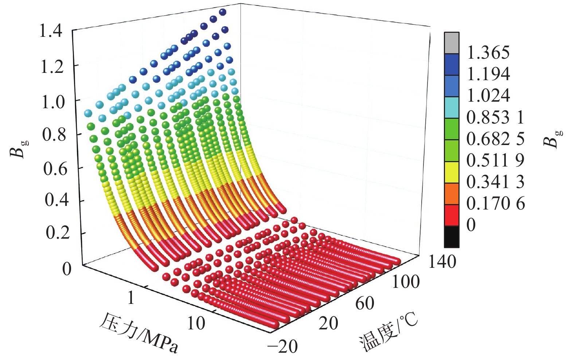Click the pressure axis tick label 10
coord(196,322)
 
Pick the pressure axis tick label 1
coord(131,298)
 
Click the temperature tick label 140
coord(442,262)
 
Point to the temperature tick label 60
coord(364,303)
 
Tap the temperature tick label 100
coord(405,282)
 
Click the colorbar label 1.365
coord(488,53)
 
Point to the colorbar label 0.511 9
coord(495,160)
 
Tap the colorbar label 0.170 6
coord(495,203)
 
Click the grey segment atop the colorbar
coord(452,43)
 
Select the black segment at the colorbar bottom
coord(452,236)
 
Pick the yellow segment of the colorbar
coord(452,172)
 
